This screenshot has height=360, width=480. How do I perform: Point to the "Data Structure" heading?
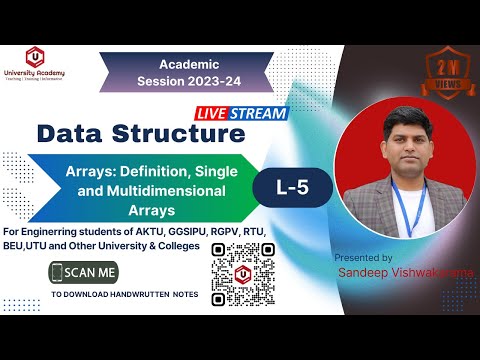point(140,133)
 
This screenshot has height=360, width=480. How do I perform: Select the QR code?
point(241,272)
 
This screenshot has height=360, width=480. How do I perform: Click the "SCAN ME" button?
point(93,271)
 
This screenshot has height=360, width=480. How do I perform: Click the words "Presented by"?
point(361,257)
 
